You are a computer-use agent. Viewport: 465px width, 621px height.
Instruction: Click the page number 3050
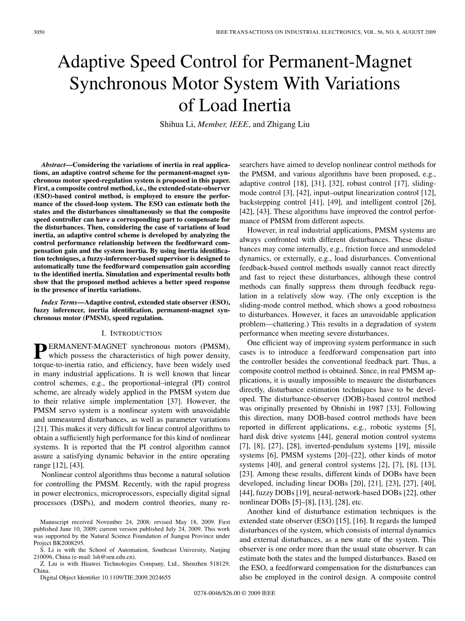coord(39,32)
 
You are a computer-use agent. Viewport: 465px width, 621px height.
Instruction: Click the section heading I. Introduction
coord(132,334)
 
